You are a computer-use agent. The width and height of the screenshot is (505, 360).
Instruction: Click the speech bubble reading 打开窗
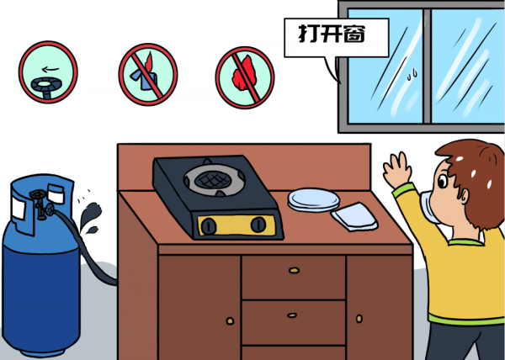click(336, 38)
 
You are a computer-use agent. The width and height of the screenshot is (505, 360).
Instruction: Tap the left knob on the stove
click(209, 226)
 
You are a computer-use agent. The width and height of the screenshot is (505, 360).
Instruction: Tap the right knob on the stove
click(258, 225)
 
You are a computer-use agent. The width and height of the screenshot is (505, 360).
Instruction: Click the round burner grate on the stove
click(214, 179)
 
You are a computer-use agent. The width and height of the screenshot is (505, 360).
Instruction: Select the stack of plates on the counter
click(313, 200)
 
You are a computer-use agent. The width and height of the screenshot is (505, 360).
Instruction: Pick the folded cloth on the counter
click(354, 216)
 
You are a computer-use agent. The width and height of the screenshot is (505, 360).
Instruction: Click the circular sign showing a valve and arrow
click(48, 71)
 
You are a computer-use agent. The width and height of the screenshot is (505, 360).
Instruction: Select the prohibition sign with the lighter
click(148, 74)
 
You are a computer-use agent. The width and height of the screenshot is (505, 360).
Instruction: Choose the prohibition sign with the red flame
click(245, 77)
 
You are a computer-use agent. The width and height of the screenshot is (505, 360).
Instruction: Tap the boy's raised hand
click(397, 170)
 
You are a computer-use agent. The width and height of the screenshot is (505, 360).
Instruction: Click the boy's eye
click(443, 182)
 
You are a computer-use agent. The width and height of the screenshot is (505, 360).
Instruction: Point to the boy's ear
click(464, 196)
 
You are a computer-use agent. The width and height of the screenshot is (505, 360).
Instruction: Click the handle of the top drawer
click(294, 270)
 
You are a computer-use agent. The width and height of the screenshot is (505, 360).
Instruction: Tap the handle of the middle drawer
click(292, 315)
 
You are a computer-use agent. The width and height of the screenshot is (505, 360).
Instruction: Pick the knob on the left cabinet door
click(230, 320)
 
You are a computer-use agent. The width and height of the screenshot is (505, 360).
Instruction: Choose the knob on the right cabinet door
click(359, 319)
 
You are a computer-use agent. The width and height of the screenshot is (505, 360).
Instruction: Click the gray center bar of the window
click(427, 66)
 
